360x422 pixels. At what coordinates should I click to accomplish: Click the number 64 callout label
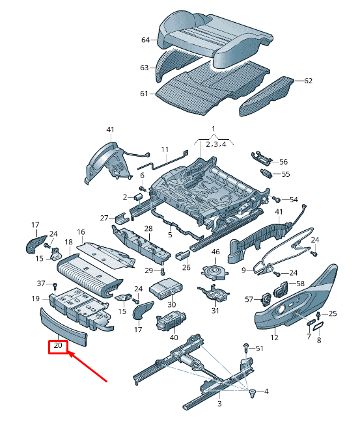(145, 40)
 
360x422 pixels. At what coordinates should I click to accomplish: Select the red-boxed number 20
(58, 346)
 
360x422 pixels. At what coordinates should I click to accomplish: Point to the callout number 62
(308, 81)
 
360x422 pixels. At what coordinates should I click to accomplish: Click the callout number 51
(260, 349)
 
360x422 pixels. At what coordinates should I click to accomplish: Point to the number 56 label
(283, 161)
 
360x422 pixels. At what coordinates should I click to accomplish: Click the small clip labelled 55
(266, 173)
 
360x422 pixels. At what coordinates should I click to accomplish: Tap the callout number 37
(41, 284)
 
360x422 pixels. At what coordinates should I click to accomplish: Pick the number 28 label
(148, 229)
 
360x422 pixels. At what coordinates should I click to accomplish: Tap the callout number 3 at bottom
(219, 404)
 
